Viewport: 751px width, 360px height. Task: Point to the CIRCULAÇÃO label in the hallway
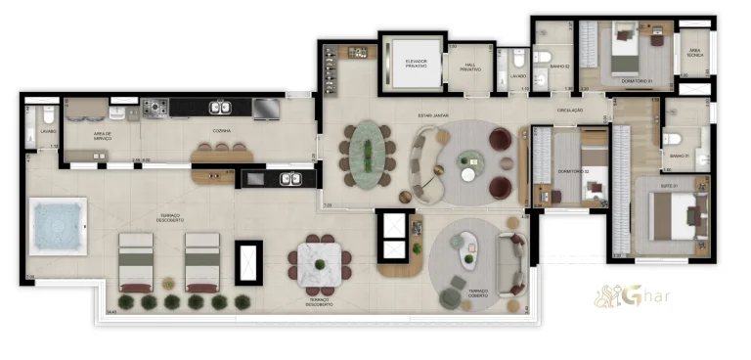569,111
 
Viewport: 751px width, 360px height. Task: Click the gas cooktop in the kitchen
155,108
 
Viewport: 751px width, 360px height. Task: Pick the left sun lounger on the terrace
136,262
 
